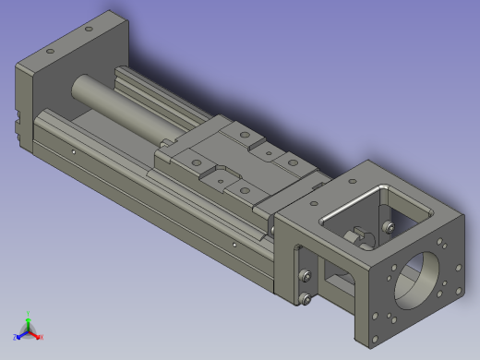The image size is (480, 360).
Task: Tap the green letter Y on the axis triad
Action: click(x=30, y=313)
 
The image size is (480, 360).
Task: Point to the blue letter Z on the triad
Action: click(x=16, y=335)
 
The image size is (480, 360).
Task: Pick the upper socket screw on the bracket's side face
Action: click(x=306, y=274)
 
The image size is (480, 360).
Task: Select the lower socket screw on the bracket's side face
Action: click(x=306, y=296)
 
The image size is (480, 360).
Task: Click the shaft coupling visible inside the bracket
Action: click(x=356, y=241)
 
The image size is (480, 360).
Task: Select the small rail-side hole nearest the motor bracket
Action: click(x=236, y=245)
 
